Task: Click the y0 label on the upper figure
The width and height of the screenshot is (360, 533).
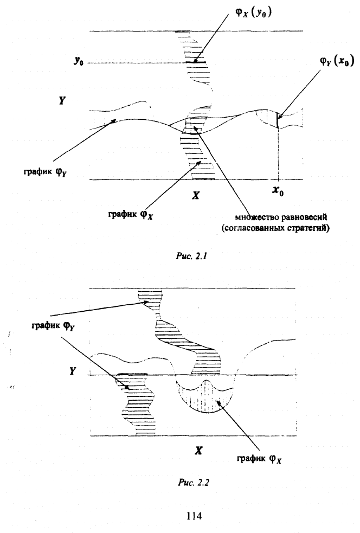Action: [79, 63]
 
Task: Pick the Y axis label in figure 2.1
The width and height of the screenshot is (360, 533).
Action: [63, 101]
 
